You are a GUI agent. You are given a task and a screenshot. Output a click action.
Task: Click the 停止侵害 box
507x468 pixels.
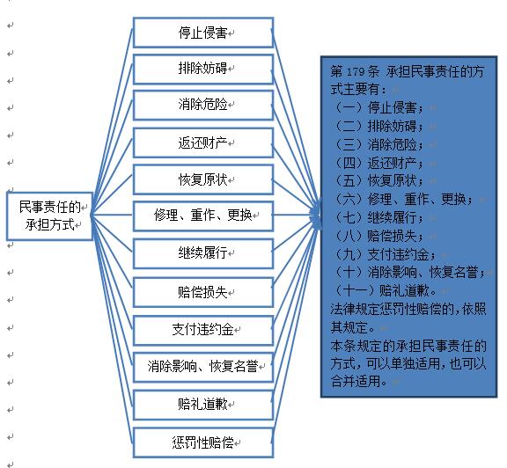tap(203, 33)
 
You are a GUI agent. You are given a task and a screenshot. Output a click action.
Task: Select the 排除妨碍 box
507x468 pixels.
tap(203, 69)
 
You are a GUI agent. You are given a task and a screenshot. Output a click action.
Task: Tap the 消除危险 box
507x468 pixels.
tap(203, 106)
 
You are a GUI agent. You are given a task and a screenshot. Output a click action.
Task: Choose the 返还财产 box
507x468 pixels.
tap(203, 143)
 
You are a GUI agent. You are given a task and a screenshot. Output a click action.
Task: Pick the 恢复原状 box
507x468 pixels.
tap(203, 179)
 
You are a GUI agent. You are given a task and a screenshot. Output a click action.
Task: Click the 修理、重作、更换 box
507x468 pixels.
tap(203, 216)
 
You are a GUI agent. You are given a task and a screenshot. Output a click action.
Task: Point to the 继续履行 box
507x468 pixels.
tap(203, 253)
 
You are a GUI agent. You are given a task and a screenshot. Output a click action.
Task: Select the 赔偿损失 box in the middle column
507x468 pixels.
tap(203, 292)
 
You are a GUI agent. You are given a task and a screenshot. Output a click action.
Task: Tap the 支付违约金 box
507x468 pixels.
tap(203, 330)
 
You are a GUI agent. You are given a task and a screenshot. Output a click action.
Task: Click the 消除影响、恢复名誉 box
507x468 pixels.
tap(203, 367)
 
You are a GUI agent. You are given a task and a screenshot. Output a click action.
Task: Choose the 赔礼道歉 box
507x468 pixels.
tap(203, 405)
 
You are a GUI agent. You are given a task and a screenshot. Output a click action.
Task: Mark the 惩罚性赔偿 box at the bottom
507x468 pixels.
tap(203, 442)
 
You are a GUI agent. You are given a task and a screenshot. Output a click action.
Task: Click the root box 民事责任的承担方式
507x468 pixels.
tap(49, 216)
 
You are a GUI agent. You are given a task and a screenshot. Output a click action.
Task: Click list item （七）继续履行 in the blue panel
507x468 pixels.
tap(378, 217)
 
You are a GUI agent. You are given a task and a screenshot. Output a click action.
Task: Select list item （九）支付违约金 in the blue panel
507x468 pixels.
tap(384, 254)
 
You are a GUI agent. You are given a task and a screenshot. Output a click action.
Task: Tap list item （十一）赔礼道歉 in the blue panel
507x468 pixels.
tap(384, 291)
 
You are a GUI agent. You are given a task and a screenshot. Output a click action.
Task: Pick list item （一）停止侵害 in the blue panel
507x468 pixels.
tap(378, 107)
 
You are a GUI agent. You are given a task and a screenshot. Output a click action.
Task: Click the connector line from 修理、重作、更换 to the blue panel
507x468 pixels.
tap(296, 215)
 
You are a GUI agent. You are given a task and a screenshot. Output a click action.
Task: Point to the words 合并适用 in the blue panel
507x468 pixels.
tap(356, 382)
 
